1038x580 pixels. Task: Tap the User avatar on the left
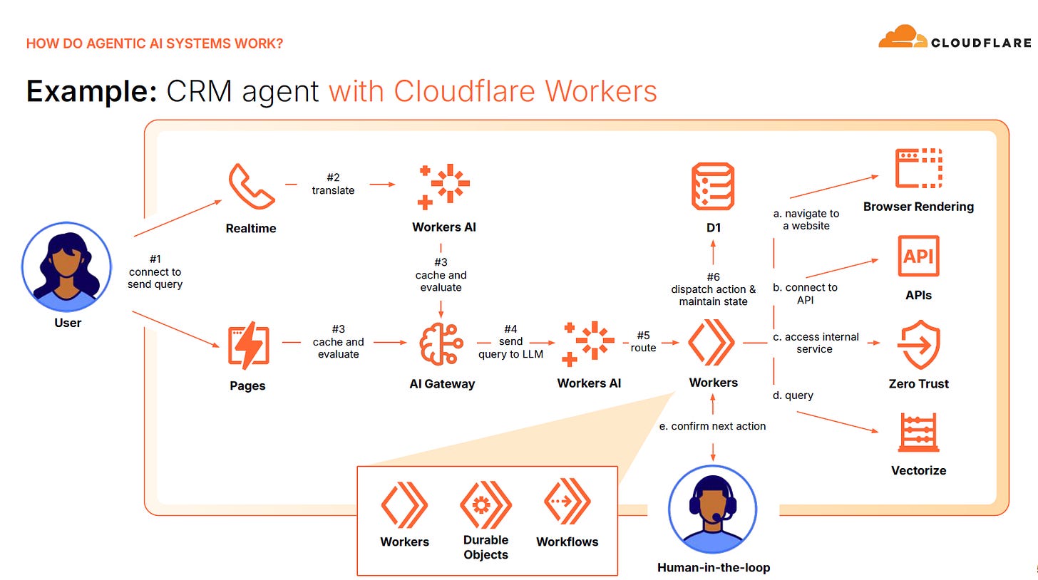67,266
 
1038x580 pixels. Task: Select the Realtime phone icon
251,186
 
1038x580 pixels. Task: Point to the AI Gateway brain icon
441,345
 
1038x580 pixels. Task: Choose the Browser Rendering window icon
918,168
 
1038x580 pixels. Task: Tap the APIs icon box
918,256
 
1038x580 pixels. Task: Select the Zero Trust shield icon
918,345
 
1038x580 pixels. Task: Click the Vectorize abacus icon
918,432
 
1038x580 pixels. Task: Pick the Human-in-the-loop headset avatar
713,510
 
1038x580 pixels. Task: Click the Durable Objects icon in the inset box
485,504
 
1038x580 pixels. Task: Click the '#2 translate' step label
333,185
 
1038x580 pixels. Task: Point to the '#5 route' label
643,341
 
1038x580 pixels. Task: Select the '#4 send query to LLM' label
510,341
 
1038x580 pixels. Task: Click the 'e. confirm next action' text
713,426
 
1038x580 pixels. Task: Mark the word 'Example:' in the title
91,91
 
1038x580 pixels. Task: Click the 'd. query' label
793,395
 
